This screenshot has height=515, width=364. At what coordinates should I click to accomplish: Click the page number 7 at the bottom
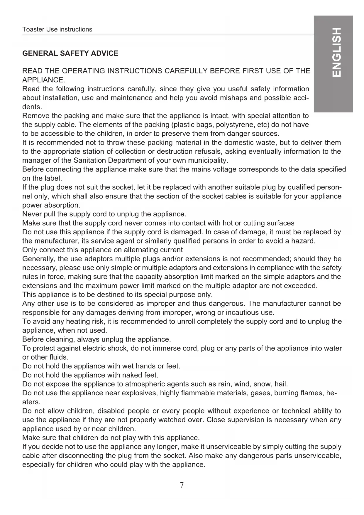click(182, 485)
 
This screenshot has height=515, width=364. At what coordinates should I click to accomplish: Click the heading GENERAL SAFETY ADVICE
click(70, 53)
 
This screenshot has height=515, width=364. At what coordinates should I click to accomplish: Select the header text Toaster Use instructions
click(57, 29)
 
